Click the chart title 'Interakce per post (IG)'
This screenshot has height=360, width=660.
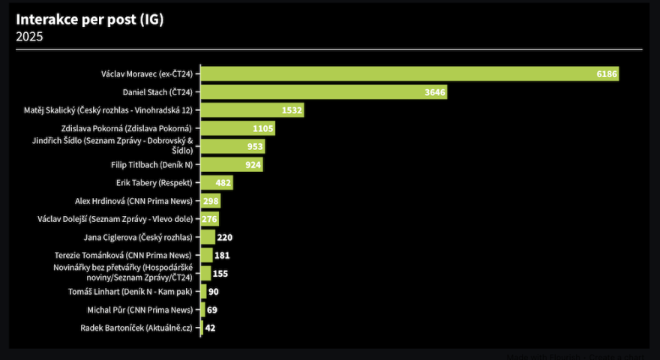coord(89,19)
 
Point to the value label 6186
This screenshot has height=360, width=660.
coord(606,74)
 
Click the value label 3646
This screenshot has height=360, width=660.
coord(435,92)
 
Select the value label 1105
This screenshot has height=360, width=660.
coord(262,128)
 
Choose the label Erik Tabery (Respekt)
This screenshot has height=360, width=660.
coord(154,182)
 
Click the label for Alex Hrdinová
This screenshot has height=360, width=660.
coord(134,201)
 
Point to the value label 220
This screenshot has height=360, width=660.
coord(225,237)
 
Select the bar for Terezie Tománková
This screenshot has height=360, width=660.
coord(207,255)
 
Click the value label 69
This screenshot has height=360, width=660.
coord(212,310)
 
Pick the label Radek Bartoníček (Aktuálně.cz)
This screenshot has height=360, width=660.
coord(136,328)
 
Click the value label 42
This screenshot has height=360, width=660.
coord(210,328)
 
